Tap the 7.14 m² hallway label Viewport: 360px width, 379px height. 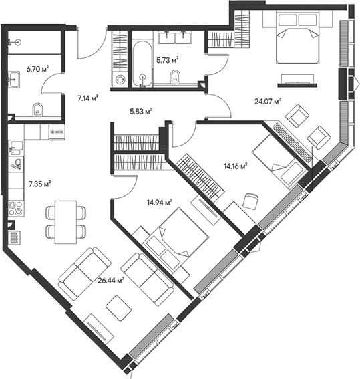coord(88,98)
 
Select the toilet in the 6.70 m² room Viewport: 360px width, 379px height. coord(37,110)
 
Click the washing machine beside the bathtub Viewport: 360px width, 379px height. coord(120,78)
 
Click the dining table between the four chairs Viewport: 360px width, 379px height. coord(65,222)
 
